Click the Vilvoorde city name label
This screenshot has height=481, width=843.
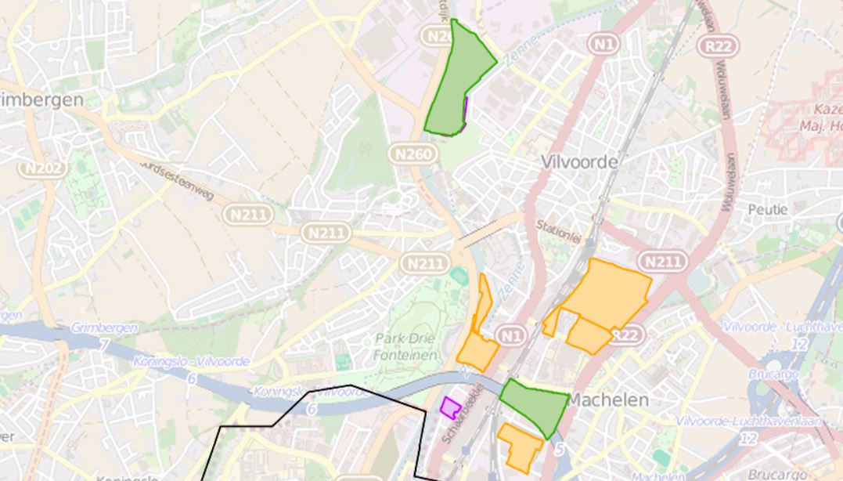(x=579, y=162)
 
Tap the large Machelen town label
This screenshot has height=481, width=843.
(x=607, y=400)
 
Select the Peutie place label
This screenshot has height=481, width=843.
(x=768, y=210)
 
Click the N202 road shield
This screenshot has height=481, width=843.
(x=41, y=168)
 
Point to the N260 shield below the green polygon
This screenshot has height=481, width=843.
(x=412, y=154)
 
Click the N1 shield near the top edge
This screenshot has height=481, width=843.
(x=603, y=45)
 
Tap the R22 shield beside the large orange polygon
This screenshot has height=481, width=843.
(x=625, y=335)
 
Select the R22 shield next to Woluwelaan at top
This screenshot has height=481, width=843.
(x=718, y=46)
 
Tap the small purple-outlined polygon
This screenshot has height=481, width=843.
(x=450, y=407)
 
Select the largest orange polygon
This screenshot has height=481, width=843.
(x=607, y=294)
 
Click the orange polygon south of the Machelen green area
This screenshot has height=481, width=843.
(x=520, y=445)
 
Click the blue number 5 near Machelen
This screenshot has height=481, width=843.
(x=558, y=450)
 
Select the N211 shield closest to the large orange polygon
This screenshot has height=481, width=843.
(x=662, y=261)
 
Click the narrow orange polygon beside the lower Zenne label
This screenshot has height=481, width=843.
(x=484, y=302)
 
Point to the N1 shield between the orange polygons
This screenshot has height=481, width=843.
(x=510, y=336)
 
